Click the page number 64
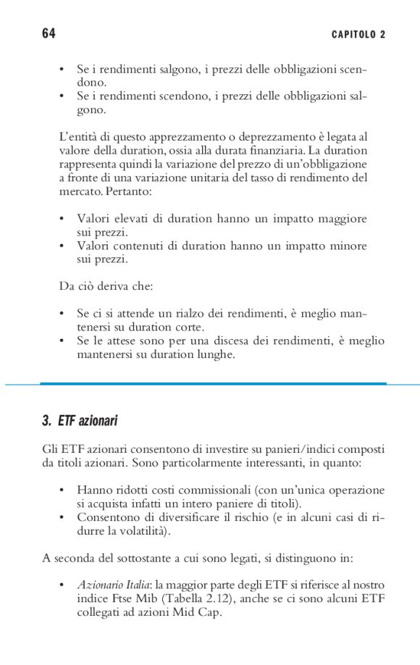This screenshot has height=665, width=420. [x=49, y=34]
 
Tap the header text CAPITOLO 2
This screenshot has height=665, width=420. [x=358, y=35]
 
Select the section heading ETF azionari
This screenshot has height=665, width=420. [x=80, y=421]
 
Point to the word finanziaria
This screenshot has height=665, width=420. [x=273, y=151]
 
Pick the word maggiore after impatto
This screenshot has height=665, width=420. [x=340, y=219]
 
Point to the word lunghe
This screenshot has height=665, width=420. [x=216, y=354]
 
